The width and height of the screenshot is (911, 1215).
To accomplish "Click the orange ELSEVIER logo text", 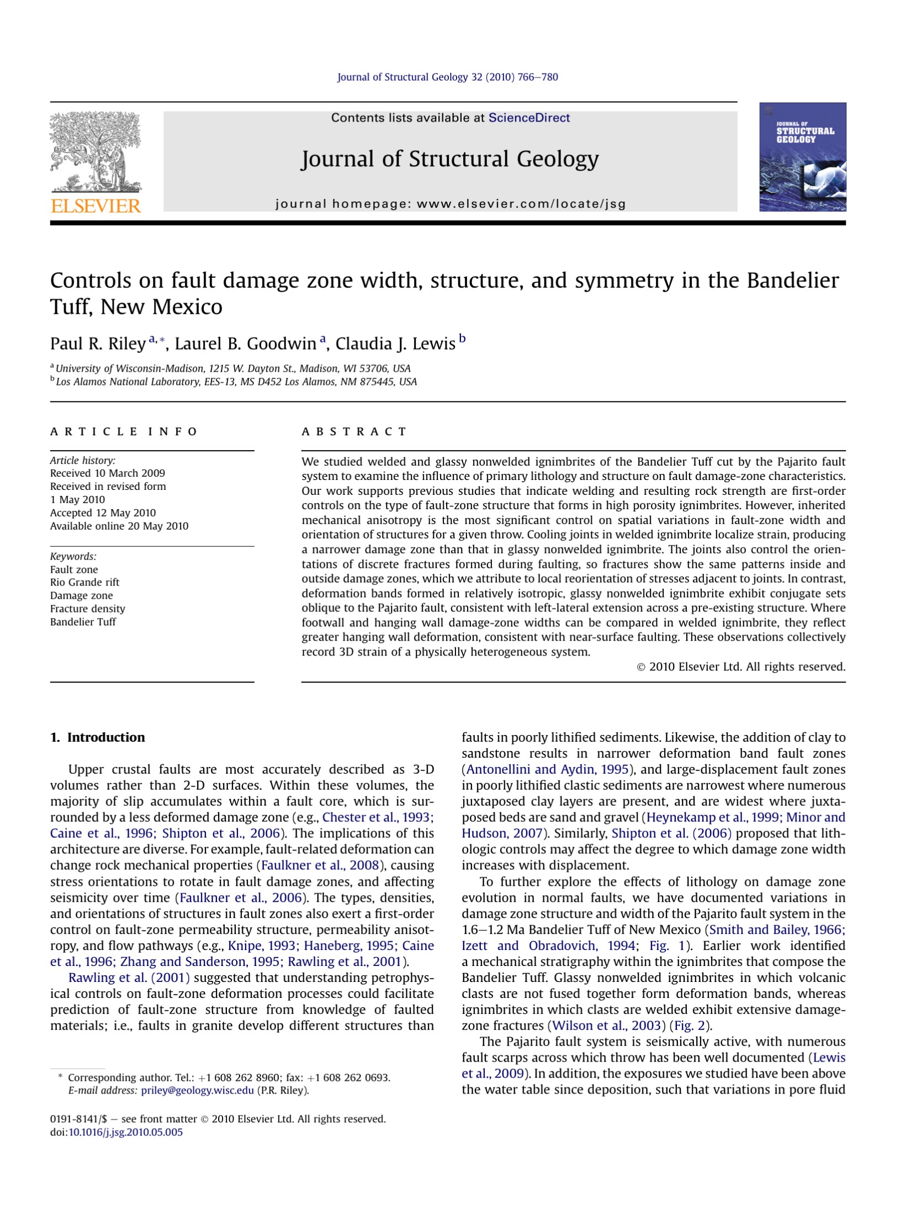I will click(x=96, y=206).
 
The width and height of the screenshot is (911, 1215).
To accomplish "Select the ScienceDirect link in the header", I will click(x=529, y=118).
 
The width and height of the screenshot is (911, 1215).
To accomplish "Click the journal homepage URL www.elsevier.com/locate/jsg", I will click(x=521, y=204).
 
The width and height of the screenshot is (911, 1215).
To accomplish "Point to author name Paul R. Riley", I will click(x=98, y=344).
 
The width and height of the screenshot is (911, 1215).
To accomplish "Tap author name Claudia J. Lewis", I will click(x=395, y=344).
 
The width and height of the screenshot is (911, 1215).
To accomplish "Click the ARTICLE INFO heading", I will click(x=124, y=431).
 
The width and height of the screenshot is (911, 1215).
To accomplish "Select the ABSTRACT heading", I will click(x=354, y=431).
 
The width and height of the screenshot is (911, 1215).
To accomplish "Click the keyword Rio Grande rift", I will click(x=84, y=582).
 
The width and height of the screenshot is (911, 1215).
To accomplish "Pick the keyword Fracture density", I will click(x=88, y=609).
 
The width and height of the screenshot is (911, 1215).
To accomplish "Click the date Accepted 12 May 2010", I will click(x=103, y=513).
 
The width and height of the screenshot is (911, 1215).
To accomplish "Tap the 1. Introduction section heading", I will click(x=98, y=737).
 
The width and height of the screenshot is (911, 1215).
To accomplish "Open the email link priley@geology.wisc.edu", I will click(x=198, y=1090).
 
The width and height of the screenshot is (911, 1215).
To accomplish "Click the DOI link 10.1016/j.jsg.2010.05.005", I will click(x=125, y=1132).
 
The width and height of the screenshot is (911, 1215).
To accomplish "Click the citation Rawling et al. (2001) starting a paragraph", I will click(x=129, y=978).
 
